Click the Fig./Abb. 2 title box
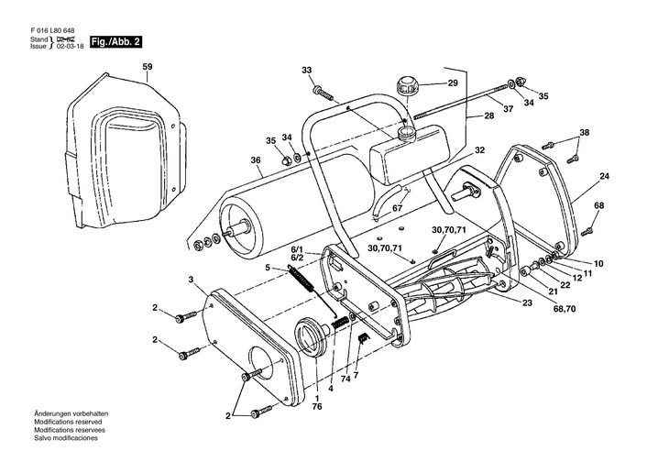click(x=115, y=42)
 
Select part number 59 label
click(x=148, y=67)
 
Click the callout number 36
click(x=255, y=160)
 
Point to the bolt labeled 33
click(x=324, y=93)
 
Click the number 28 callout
click(x=489, y=115)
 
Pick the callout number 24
click(x=604, y=175)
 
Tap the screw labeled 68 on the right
click(x=587, y=231)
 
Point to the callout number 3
click(x=191, y=280)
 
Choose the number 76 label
click(x=316, y=407)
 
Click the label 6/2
click(x=297, y=257)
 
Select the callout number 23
click(x=527, y=302)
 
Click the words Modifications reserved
click(x=68, y=422)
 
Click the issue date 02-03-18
click(x=71, y=46)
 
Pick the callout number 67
click(x=397, y=208)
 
